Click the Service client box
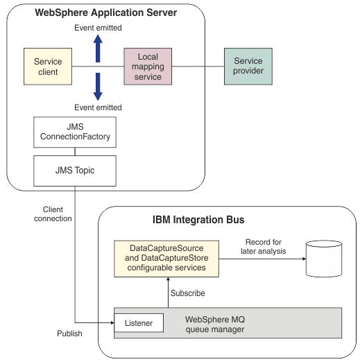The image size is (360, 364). tap(48, 67)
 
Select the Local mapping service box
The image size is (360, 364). tap(148, 67)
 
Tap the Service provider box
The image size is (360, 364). tap(248, 67)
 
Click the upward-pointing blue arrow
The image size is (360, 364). tap(98, 48)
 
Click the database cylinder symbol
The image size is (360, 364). tap(325, 259)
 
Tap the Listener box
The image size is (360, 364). tap(139, 323)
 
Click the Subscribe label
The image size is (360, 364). tap(187, 293)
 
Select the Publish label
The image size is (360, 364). tap(69, 333)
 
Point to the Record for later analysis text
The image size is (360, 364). tap(266, 246)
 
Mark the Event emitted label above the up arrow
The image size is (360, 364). tap(98, 28)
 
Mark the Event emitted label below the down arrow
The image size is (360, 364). tap(98, 107)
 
